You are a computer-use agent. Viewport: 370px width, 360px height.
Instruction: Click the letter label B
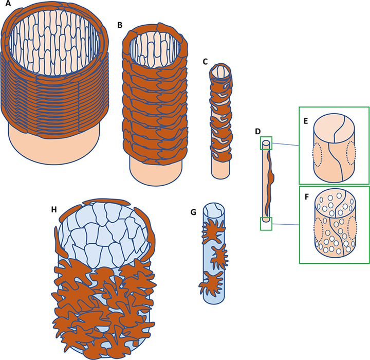(120, 25)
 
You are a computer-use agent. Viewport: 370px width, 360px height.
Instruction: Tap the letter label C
(205, 62)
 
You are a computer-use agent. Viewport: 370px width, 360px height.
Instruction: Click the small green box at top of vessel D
(266, 143)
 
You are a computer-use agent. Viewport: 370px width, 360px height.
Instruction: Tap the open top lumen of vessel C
(220, 72)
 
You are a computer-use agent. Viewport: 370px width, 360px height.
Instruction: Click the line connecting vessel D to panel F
(286, 225)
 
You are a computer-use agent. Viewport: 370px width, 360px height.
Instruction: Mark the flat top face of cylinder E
(334, 126)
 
